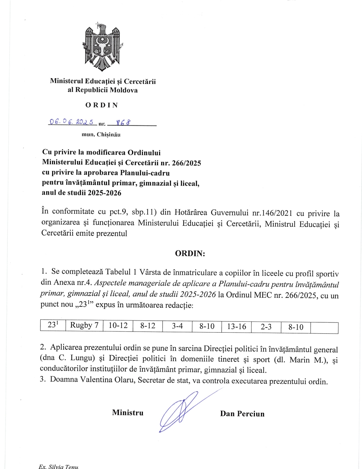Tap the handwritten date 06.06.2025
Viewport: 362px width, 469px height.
coord(72,122)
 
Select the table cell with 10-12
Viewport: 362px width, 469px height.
coord(118,326)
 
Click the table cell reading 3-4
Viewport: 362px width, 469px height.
coord(177,326)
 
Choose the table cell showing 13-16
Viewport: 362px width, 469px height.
coord(236,327)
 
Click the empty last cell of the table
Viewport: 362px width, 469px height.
coord(324,328)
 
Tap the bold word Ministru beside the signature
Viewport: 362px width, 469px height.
coord(127,413)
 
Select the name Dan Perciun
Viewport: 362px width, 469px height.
coord(242,414)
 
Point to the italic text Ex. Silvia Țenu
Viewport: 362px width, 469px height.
coord(58,467)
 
